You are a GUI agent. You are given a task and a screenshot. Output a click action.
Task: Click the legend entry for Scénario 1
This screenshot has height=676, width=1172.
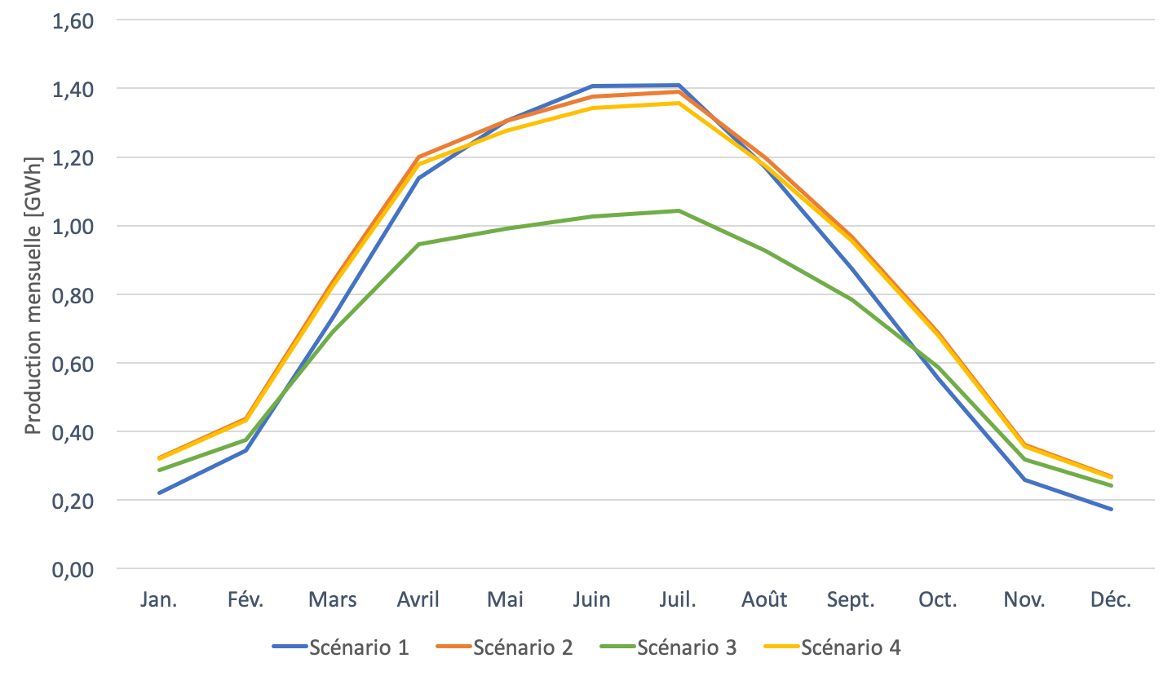[x=341, y=647]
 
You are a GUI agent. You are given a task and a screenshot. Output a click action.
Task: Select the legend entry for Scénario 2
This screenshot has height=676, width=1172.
[x=505, y=647]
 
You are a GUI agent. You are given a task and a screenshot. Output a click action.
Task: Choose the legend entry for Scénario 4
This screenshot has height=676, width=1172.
[x=833, y=647]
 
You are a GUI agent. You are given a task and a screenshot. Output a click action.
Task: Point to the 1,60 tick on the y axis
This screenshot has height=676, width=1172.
[x=73, y=20]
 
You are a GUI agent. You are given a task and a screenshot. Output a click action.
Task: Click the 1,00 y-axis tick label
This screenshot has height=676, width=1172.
[x=73, y=226]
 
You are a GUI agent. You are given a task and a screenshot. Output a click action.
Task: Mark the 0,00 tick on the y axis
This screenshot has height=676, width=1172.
[x=73, y=569]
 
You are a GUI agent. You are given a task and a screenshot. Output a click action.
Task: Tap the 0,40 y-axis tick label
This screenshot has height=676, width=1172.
[x=73, y=432]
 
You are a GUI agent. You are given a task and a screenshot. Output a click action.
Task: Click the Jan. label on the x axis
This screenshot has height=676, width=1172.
[x=159, y=600]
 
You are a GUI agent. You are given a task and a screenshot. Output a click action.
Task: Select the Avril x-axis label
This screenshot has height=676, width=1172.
[x=418, y=600]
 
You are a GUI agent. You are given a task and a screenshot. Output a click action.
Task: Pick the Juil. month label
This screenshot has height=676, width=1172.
[x=678, y=600]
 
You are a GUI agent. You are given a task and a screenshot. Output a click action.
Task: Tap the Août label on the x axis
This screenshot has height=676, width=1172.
[x=764, y=600]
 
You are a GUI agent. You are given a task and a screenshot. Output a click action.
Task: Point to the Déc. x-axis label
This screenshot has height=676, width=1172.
[x=1111, y=600]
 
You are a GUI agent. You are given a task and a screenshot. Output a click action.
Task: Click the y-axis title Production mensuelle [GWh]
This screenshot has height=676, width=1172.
[x=32, y=294]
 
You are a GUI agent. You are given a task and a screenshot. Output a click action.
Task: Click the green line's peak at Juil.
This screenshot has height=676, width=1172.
[x=678, y=210]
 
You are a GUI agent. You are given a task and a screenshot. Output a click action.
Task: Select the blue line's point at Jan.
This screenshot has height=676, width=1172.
[x=159, y=493]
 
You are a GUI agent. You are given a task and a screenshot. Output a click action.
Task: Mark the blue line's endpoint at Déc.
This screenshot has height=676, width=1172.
[x=1111, y=509]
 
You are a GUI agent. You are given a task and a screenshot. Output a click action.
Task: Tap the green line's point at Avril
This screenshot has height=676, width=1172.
[x=418, y=244]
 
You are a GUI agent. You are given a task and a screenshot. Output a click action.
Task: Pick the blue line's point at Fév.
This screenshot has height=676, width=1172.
[x=245, y=450]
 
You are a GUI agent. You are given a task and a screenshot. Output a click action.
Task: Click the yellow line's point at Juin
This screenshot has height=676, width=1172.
[x=591, y=108]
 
